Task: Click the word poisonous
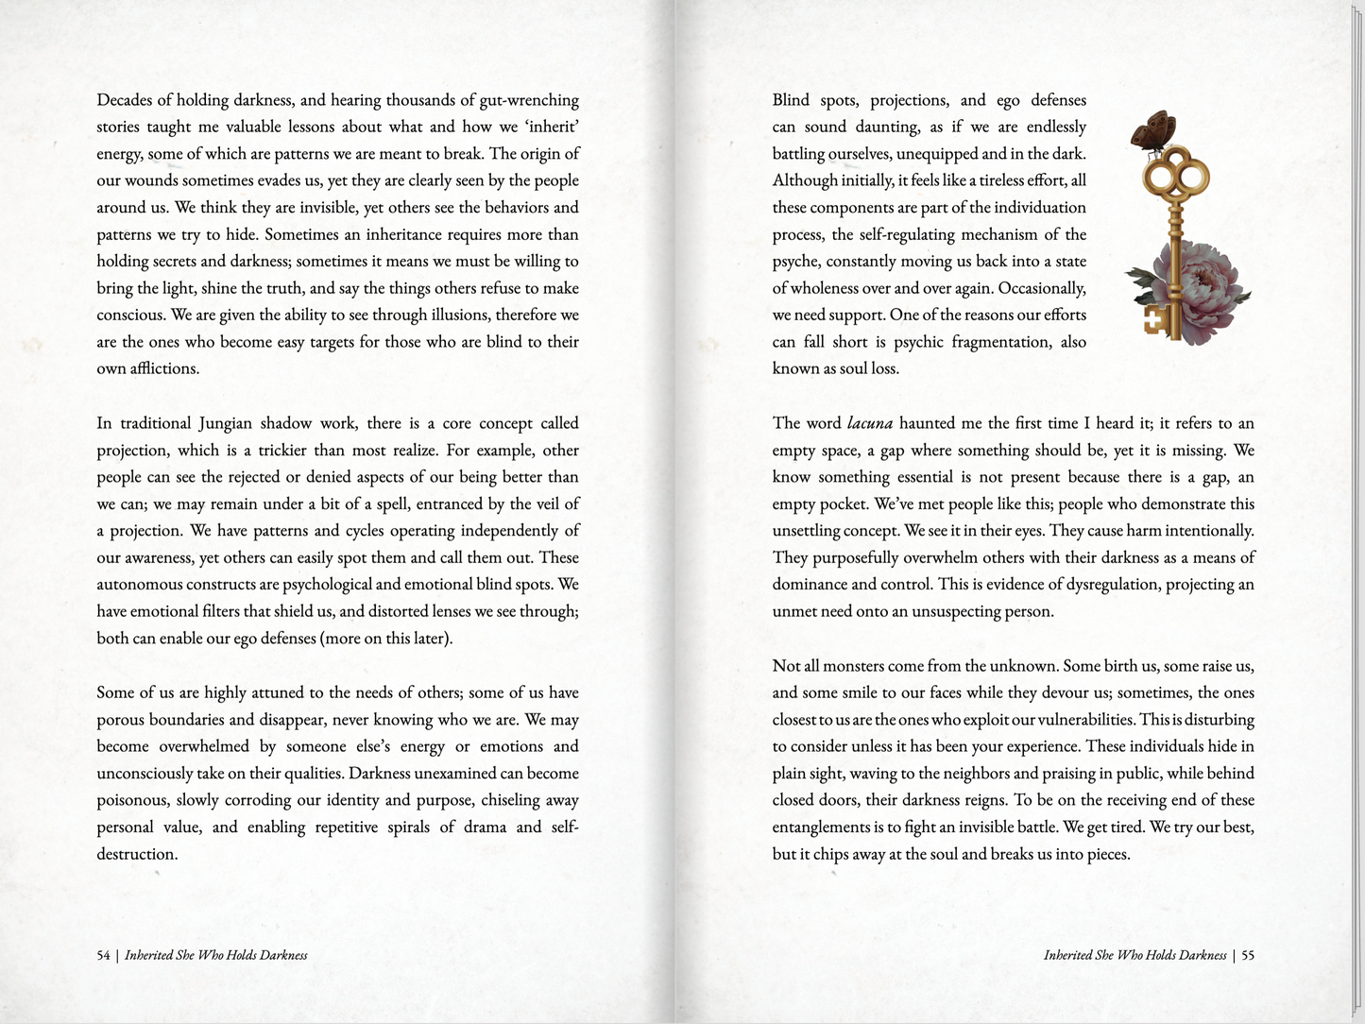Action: (x=129, y=800)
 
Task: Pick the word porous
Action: (x=123, y=720)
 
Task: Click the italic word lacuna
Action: (x=869, y=423)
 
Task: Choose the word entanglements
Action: (x=821, y=828)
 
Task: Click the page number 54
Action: (x=103, y=955)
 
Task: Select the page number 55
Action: (x=1247, y=955)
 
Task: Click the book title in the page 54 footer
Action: (x=216, y=955)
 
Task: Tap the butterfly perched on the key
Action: (x=1153, y=131)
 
